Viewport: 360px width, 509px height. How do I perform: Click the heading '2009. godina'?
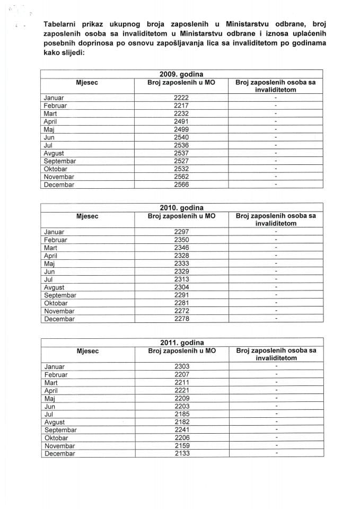tap(181, 74)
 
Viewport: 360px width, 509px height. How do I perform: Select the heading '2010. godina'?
tap(181, 208)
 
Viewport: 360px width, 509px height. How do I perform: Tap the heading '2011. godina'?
tap(181, 343)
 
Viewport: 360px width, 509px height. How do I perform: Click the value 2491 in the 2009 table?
tap(181, 121)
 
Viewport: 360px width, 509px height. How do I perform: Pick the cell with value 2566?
tap(181, 185)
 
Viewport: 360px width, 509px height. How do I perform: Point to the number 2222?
tap(181, 98)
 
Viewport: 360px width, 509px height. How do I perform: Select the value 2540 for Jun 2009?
tap(181, 137)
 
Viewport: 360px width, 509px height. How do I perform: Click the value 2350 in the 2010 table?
tap(181, 240)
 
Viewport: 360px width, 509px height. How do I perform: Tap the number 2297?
tap(181, 232)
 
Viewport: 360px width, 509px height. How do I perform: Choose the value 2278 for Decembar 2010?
tap(181, 319)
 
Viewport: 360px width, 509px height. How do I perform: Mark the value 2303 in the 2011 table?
tap(181, 366)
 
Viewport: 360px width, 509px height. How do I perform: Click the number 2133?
tap(181, 454)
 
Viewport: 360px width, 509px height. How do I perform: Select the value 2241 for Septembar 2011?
tap(181, 430)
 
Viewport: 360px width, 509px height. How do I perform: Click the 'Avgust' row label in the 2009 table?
tap(54, 153)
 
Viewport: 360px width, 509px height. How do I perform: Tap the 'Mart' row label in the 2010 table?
tap(51, 248)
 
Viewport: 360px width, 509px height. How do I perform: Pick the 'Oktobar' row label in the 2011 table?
tap(56, 438)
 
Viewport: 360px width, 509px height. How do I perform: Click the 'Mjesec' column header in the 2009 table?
tap(87, 82)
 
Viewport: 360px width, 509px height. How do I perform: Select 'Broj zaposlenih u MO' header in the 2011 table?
tap(181, 350)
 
